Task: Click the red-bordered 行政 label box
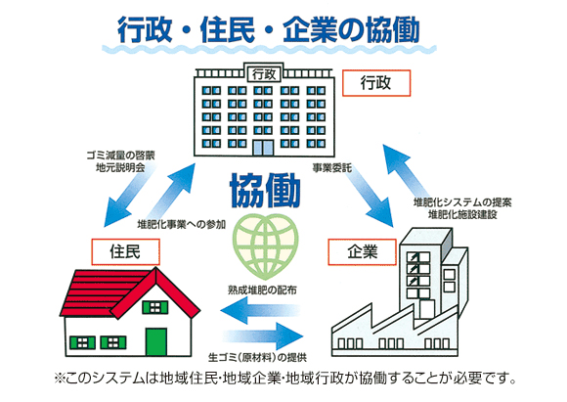pos(376,83)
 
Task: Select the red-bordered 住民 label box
pos(125,251)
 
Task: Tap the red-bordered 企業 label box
pos(362,251)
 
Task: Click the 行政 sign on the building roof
pos(264,74)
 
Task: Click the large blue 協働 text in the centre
pos(266,190)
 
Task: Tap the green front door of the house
pos(156,342)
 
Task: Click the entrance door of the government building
pos(263,148)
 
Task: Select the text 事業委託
pos(332,168)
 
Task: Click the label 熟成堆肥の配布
pos(263,290)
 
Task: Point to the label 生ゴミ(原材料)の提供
pos(257,357)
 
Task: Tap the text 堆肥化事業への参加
pos(182,224)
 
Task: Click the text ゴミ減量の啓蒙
pos(120,156)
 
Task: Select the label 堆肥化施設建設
pos(462,214)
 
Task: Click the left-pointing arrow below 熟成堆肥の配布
pos(260,310)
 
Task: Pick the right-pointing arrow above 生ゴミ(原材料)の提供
pos(263,336)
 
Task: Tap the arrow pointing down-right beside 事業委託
pos(370,198)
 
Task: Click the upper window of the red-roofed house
pos(155,307)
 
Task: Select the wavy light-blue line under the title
pos(270,49)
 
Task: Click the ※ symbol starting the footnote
pos(59,379)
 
